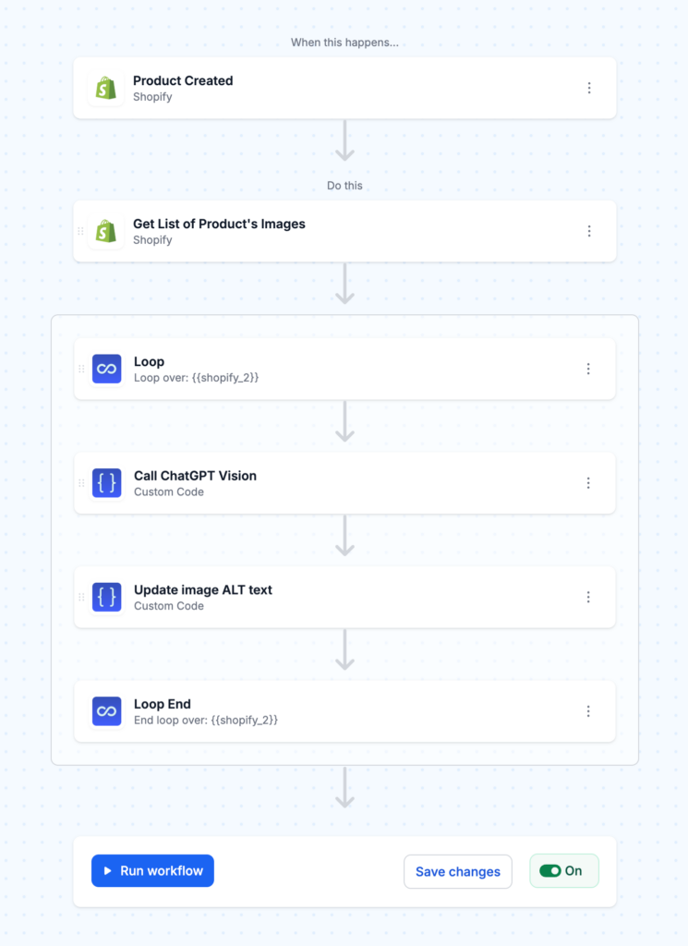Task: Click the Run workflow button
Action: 152,870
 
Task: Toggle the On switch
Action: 551,870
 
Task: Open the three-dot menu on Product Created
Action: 589,88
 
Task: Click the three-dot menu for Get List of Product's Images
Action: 589,231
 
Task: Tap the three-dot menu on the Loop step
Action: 588,369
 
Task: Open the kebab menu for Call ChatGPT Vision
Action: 588,483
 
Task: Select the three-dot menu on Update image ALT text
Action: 588,597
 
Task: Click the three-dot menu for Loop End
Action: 588,711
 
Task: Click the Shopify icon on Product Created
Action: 106,89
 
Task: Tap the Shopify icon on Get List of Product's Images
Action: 106,231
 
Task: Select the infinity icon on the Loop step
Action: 107,369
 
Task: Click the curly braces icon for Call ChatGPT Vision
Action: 107,483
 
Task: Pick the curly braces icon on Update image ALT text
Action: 107,597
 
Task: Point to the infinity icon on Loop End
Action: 107,711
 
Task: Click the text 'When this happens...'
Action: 344,42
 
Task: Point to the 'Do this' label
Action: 344,186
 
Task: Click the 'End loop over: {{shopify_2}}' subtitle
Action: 205,720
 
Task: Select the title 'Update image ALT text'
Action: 202,589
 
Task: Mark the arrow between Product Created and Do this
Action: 344,141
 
